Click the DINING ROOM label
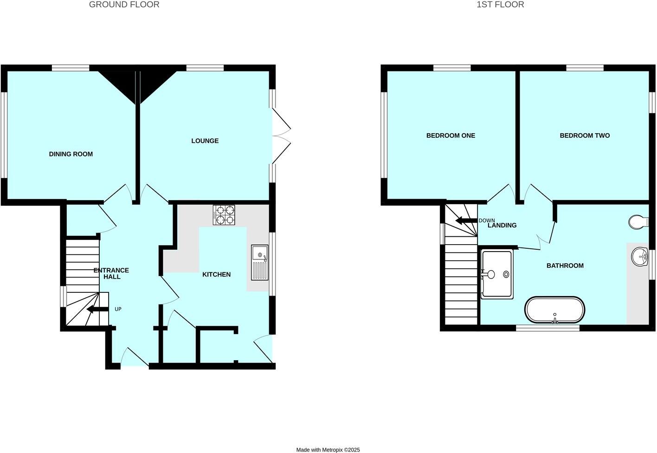pos(71,154)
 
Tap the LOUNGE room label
pos(205,141)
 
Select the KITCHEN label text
pos(216,274)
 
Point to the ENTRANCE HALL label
pos(111,273)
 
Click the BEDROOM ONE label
pos(451,136)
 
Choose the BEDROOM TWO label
pos(585,136)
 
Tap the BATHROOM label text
pos(565,265)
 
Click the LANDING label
pos(502,226)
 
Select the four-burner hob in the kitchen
pos(224,215)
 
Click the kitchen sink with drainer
pos(260,262)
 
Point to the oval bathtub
pos(554,310)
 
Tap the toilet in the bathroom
pos(639,222)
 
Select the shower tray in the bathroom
pos(497,274)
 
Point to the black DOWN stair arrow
pos(466,220)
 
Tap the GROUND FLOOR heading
pos(124,5)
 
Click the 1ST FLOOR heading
pos(500,5)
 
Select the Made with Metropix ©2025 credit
pos(328,450)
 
